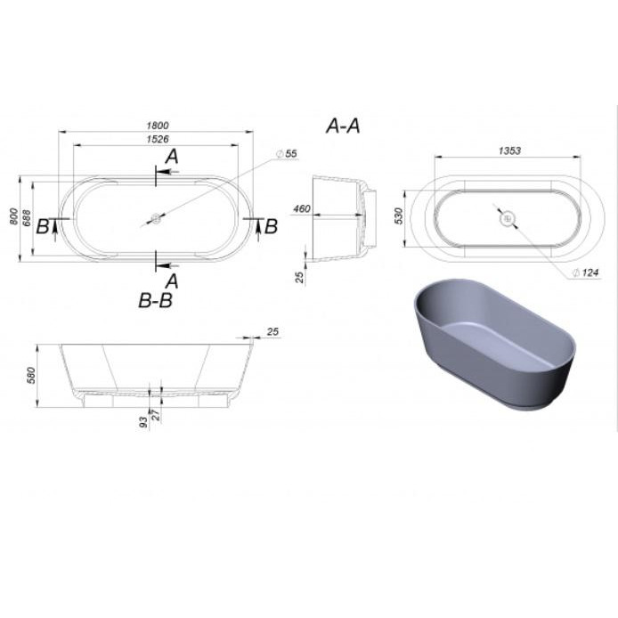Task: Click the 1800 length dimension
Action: tap(158, 126)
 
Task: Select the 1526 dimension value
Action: tap(158, 139)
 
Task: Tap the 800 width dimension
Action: tap(13, 216)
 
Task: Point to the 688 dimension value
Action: tap(27, 217)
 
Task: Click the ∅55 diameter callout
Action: tap(287, 153)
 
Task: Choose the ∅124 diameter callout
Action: tap(585, 272)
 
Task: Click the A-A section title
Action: tap(343, 126)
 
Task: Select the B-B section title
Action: tap(156, 300)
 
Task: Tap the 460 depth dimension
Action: tap(302, 208)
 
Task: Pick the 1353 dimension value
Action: tap(509, 150)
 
